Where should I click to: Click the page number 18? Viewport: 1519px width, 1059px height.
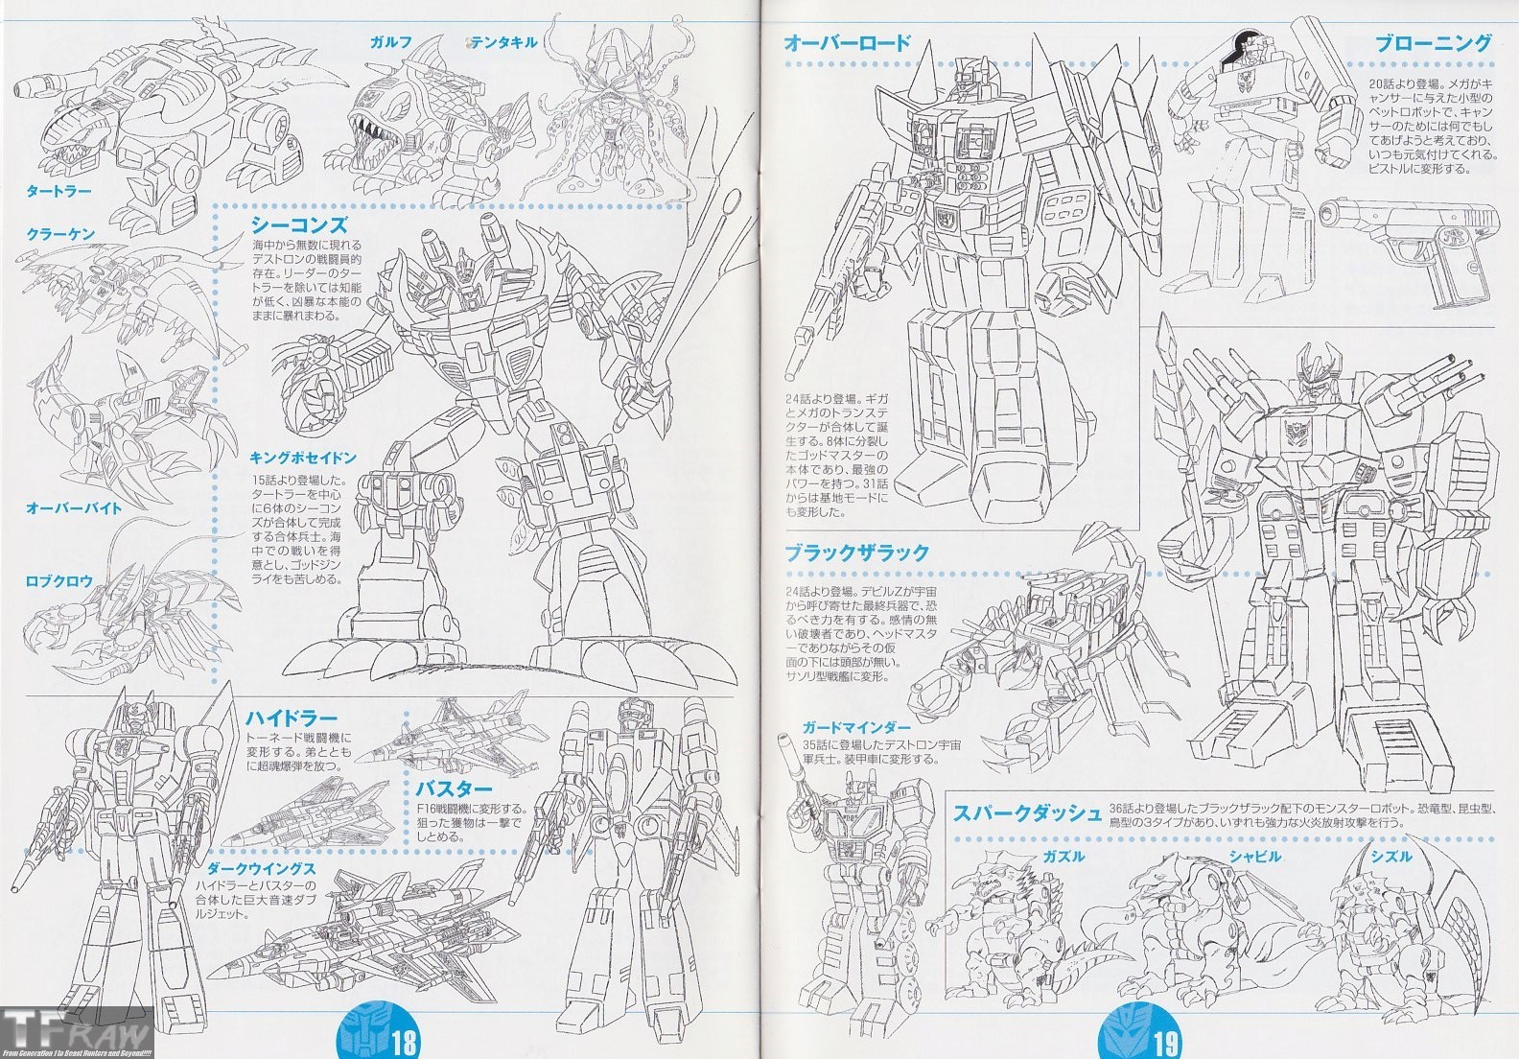[x=404, y=1040]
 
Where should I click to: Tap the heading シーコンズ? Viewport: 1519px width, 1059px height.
[x=298, y=224]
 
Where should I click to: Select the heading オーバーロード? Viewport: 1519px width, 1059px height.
[x=847, y=42]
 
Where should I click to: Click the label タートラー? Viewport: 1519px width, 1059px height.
[x=59, y=191]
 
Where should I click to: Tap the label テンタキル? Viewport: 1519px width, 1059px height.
[x=504, y=41]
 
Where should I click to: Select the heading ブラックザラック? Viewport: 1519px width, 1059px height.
[x=856, y=553]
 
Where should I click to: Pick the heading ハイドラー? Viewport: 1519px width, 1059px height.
[x=292, y=718]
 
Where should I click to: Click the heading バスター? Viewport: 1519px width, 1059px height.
[x=455, y=788]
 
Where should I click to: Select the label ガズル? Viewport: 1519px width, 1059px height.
[x=1063, y=856]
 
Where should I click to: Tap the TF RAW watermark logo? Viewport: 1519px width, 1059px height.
[x=77, y=1034]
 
